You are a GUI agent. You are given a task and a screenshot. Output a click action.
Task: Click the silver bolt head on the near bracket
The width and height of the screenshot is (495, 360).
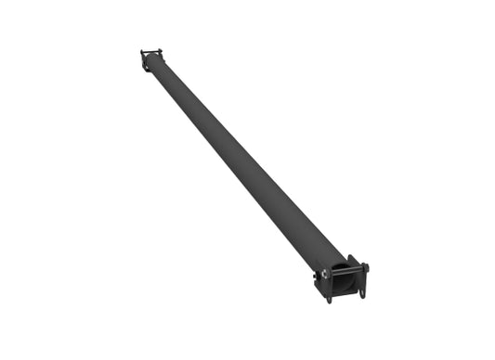325,274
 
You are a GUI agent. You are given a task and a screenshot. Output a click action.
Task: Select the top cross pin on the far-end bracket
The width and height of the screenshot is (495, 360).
151,52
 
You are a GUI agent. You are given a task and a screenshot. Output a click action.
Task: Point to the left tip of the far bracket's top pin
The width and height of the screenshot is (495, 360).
142,52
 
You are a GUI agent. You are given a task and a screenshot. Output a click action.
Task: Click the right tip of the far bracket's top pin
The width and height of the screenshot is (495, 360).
161,51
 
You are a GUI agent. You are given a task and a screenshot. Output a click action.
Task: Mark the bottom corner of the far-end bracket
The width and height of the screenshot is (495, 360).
146,70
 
